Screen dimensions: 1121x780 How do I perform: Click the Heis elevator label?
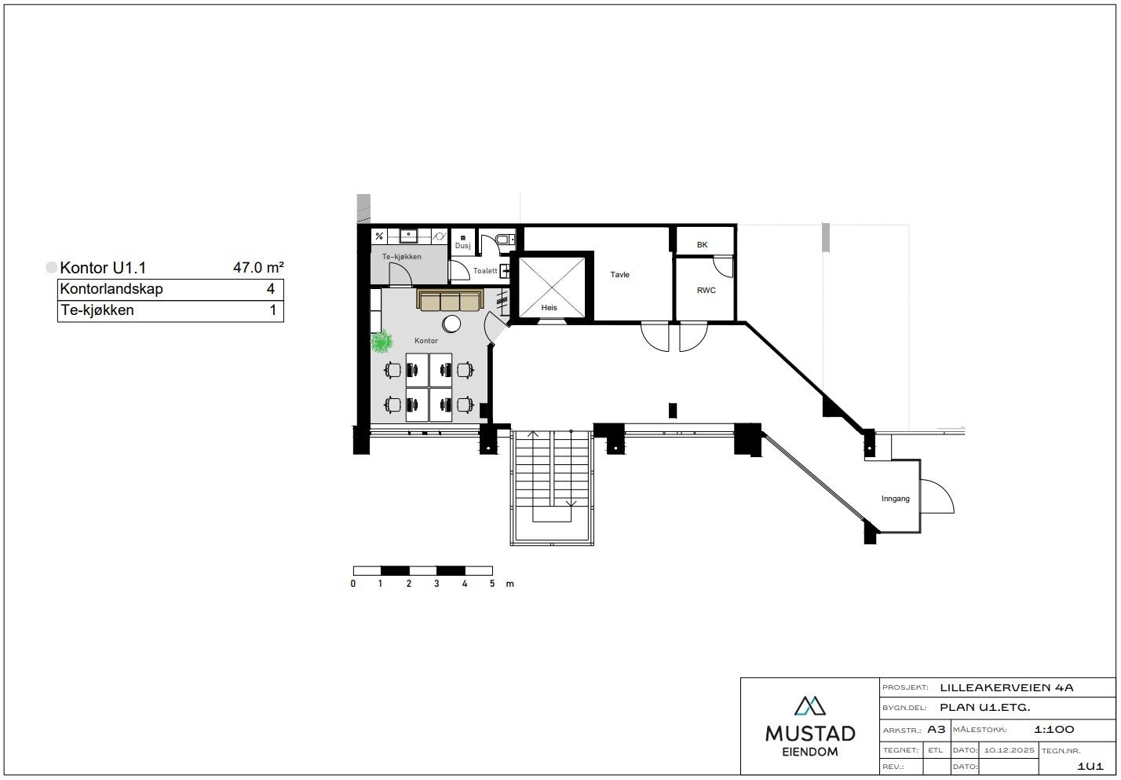pyautogui.click(x=549, y=307)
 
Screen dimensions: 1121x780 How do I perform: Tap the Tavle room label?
pyautogui.click(x=619, y=274)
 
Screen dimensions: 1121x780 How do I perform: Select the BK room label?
pyautogui.click(x=702, y=245)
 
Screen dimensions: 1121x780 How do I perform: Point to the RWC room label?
pyautogui.click(x=707, y=291)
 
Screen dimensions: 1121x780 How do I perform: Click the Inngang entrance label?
pyautogui.click(x=895, y=499)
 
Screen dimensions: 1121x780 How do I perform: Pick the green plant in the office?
pyautogui.click(x=382, y=342)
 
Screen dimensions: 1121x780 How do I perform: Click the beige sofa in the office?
pyautogui.click(x=450, y=300)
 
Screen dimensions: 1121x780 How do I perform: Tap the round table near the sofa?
pyautogui.click(x=451, y=324)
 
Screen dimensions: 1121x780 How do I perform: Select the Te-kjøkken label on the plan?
pyautogui.click(x=402, y=257)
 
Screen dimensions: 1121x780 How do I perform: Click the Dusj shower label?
pyautogui.click(x=463, y=246)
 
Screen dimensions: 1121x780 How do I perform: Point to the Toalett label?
pyautogui.click(x=485, y=271)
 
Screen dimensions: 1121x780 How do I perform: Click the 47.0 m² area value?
pyautogui.click(x=259, y=267)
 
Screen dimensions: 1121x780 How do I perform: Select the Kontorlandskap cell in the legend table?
pyautogui.click(x=111, y=289)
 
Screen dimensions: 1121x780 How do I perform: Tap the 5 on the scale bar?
pyautogui.click(x=492, y=584)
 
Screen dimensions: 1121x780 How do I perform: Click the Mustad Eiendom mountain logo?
pyautogui.click(x=809, y=705)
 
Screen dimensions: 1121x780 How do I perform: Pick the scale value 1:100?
pyautogui.click(x=1054, y=730)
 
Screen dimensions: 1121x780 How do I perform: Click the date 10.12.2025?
pyautogui.click(x=1009, y=750)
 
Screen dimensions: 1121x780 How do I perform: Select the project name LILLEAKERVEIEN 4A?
pyautogui.click(x=1007, y=688)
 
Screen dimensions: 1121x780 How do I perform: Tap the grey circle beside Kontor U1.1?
pyautogui.click(x=52, y=267)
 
